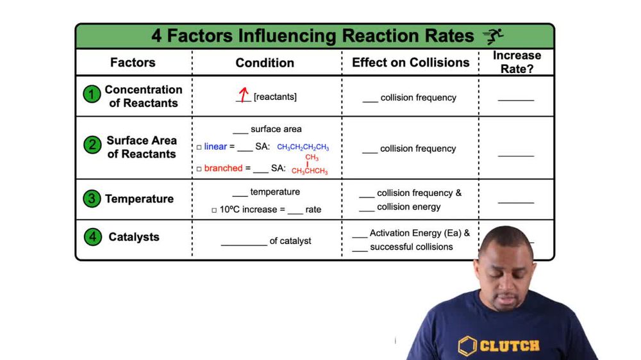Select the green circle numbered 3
[91, 199]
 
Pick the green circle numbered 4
[92, 236]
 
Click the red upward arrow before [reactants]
[243, 95]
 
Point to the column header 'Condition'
[265, 63]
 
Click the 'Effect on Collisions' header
[410, 62]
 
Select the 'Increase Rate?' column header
[517, 62]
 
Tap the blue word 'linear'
[215, 147]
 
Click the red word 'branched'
[223, 168]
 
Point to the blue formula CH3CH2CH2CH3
[303, 147]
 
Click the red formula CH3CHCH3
[310, 171]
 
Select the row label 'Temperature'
[139, 199]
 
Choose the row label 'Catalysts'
[134, 236]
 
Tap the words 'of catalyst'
[290, 241]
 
